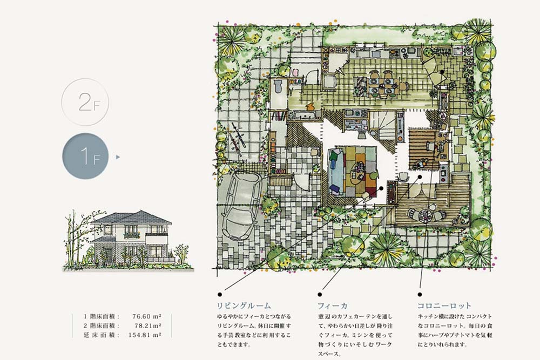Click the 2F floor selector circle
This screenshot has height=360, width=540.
point(85,102)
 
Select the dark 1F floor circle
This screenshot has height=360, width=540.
point(85,156)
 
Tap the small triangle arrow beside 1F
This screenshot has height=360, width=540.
point(118,157)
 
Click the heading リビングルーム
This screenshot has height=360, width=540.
point(244,305)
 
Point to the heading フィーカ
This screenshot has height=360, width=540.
point(332,305)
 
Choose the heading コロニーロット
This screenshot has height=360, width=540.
point(444,305)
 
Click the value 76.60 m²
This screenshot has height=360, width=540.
point(147,316)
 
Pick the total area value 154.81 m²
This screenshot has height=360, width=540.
point(145,335)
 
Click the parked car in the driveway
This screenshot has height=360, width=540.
point(240,206)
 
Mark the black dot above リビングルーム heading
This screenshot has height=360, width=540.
point(220,295)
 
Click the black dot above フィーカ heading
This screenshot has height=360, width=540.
point(320,295)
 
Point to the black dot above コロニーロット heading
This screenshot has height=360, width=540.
point(420,295)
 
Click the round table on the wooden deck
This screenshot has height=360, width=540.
point(426,214)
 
